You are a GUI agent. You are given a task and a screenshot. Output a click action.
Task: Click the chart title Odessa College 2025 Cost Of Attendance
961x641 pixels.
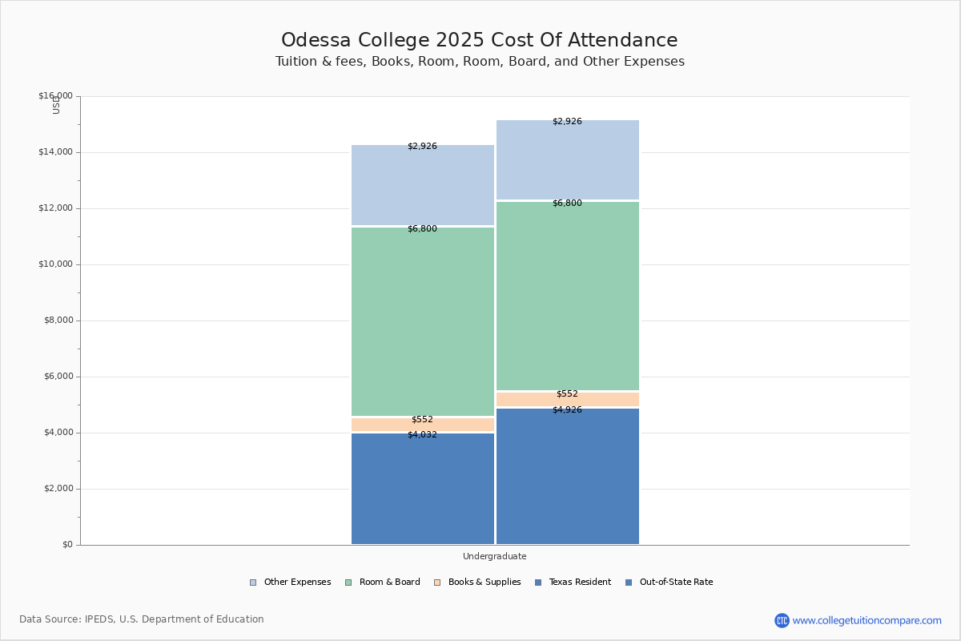[479, 41]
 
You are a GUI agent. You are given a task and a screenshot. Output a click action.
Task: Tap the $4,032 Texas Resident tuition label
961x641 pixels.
[422, 435]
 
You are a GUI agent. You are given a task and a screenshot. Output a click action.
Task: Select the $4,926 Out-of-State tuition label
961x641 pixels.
[567, 410]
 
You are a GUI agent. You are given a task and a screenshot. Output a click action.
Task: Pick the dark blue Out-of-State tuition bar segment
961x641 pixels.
[567, 481]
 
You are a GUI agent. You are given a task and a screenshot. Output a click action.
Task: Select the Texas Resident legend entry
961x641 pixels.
[573, 583]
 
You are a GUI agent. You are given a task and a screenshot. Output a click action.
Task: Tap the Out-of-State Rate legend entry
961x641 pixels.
[669, 583]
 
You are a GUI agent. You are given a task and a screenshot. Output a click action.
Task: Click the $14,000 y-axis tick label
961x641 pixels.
[55, 152]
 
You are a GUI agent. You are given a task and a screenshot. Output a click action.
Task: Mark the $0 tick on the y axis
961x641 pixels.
[66, 545]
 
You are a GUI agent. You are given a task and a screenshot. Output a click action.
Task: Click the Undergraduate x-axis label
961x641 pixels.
[494, 556]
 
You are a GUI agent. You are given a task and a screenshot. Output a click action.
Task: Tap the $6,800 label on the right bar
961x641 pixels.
[567, 204]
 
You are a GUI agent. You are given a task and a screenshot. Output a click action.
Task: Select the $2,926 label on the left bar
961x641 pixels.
[422, 147]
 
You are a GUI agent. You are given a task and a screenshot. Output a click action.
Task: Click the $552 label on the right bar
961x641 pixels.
[567, 394]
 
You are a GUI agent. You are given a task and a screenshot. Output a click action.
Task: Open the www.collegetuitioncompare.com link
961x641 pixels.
[867, 620]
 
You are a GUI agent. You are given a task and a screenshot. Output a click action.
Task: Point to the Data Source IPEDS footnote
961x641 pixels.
[142, 619]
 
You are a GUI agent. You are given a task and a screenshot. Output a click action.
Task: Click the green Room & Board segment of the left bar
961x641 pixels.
[423, 320]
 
